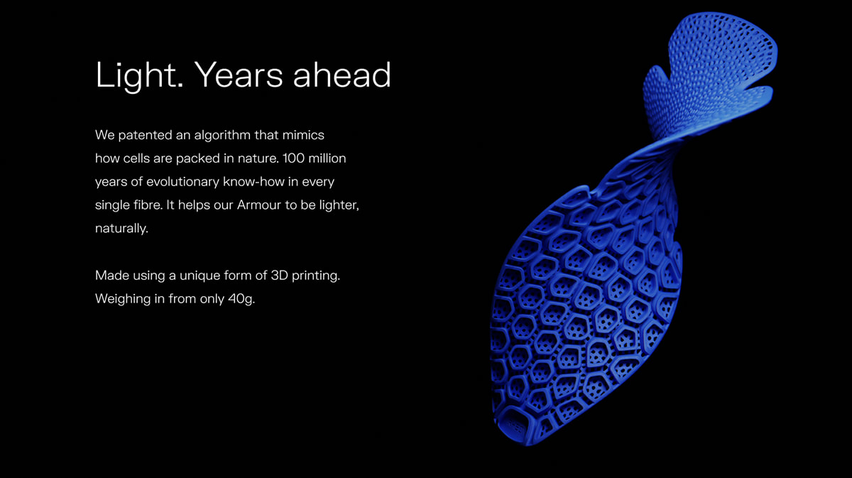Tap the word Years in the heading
[x=239, y=75]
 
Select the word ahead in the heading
[x=342, y=75]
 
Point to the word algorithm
[x=222, y=136]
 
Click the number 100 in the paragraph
[x=293, y=158]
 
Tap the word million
[x=327, y=158]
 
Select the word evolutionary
[x=182, y=182]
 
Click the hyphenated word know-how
[x=253, y=182]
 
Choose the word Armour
[x=259, y=205]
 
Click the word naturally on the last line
[x=121, y=228]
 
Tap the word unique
[x=200, y=276]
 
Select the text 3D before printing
[x=279, y=275]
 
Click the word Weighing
[x=123, y=299]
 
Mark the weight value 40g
[x=241, y=299]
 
